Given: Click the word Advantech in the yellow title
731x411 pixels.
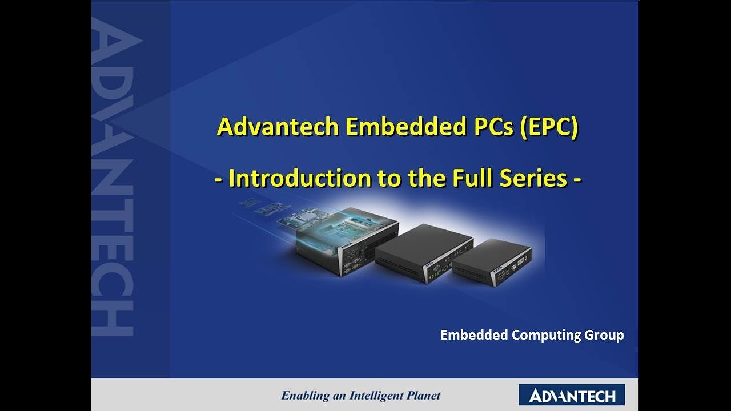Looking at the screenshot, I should point(278,127).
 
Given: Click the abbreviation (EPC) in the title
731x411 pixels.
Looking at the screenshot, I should point(548,127).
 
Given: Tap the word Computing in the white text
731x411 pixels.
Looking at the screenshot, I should point(545,335).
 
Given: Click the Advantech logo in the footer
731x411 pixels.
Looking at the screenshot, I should point(572,395).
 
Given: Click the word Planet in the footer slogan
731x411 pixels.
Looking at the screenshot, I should point(423,395).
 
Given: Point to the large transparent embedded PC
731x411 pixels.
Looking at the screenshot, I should point(343,243).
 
